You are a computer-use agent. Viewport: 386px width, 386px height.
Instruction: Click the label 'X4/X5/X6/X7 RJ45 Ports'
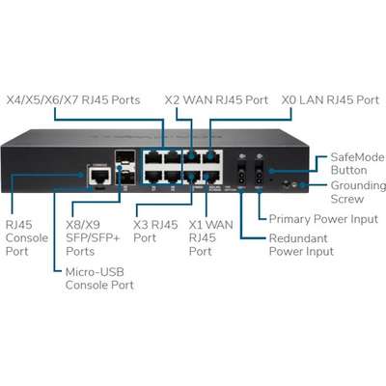point(80,98)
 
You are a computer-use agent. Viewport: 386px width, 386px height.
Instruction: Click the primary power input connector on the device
point(259,178)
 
